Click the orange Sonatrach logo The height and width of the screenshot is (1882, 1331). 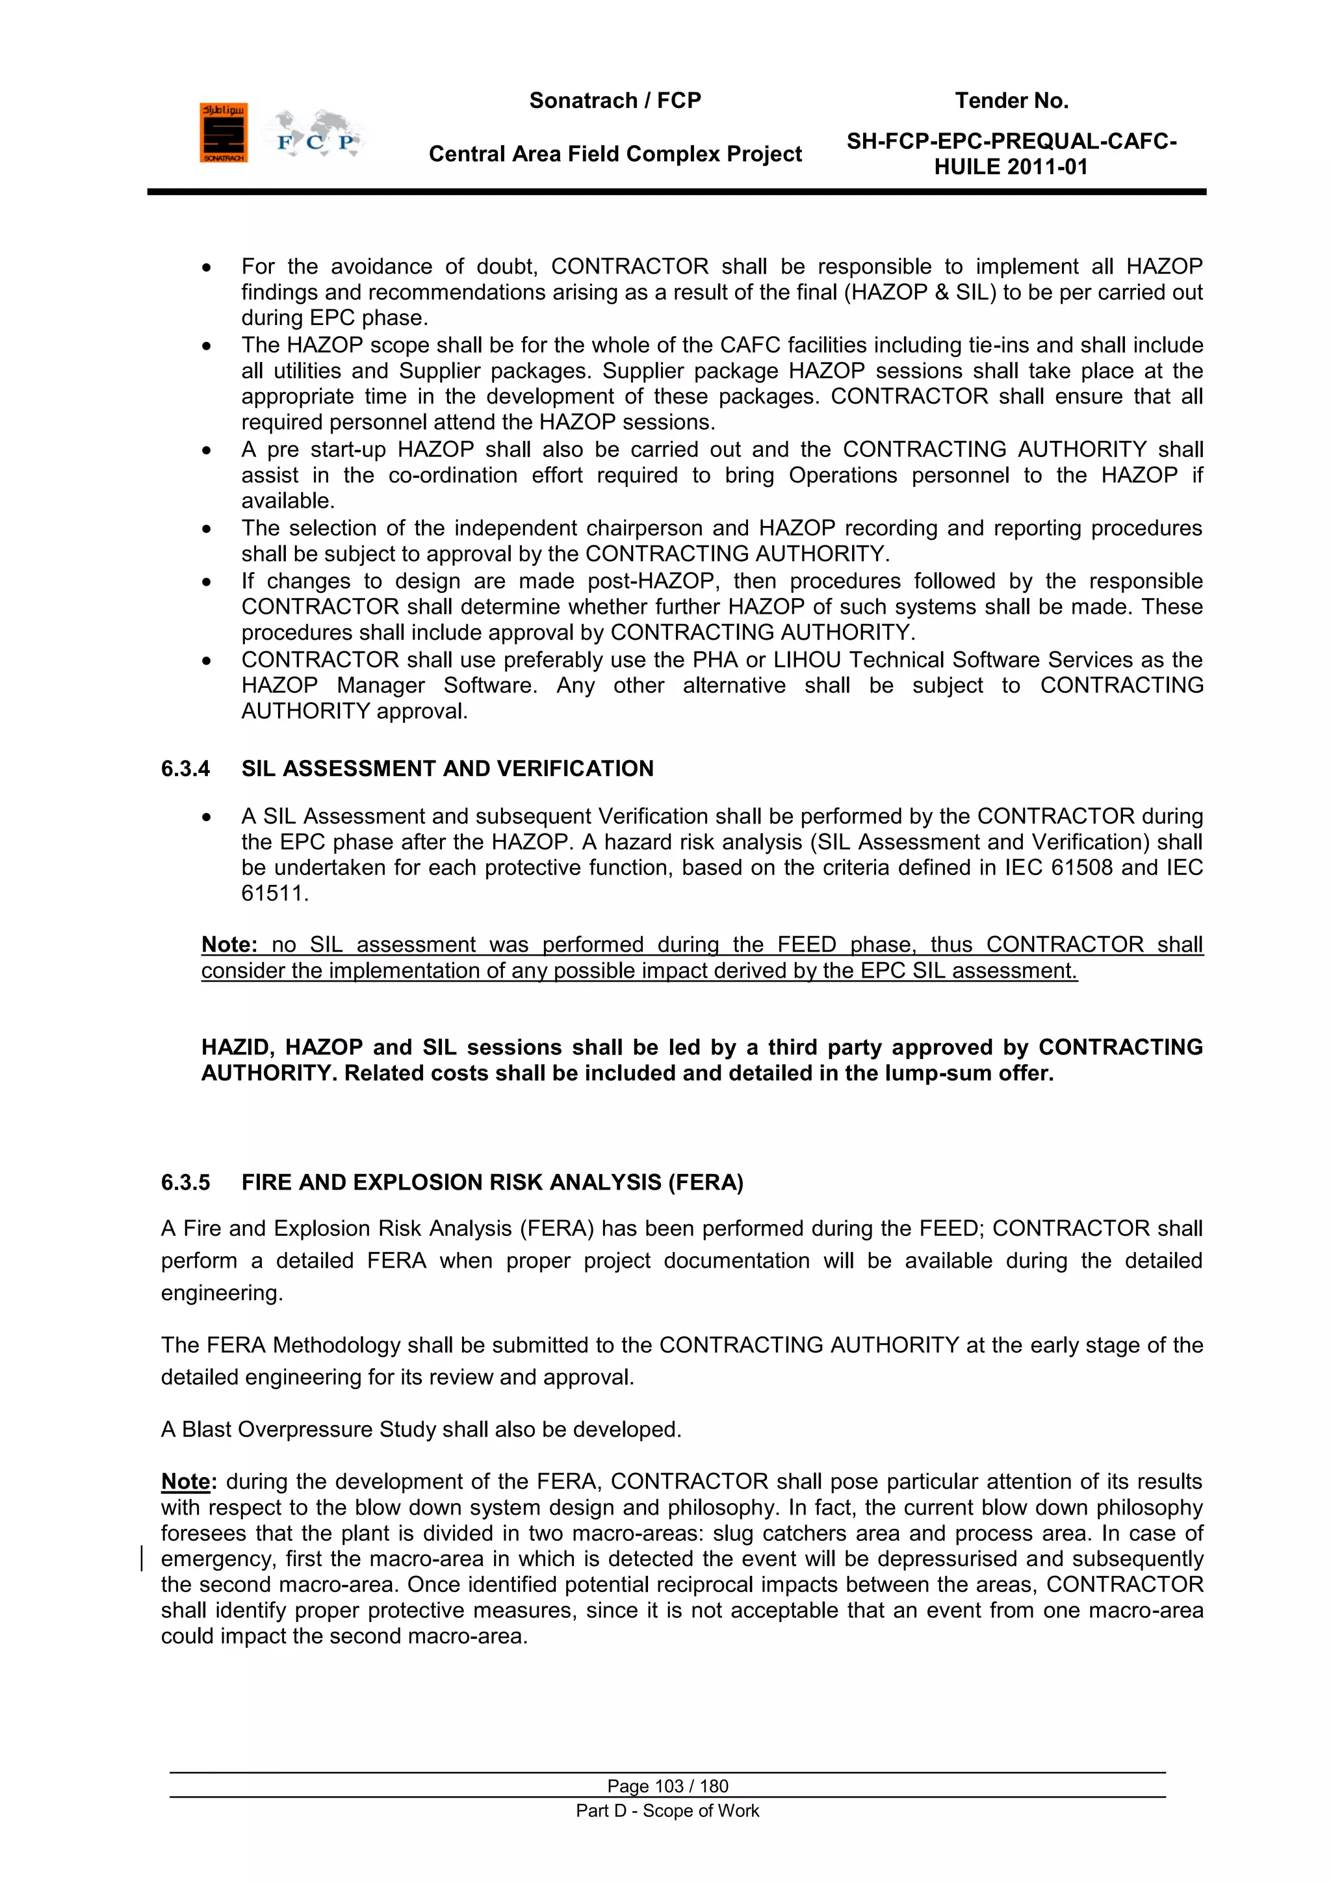(223, 133)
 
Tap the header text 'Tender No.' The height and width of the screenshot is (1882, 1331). (1011, 101)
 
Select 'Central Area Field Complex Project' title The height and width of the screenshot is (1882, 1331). (615, 154)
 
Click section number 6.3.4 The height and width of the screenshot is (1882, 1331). (185, 769)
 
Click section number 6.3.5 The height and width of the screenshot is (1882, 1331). (185, 1183)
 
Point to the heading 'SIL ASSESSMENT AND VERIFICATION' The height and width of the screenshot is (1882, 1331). (448, 769)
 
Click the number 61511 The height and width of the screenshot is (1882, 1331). (274, 893)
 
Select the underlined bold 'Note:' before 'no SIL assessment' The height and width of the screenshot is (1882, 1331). (230, 945)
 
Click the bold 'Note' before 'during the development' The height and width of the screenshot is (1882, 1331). (186, 1482)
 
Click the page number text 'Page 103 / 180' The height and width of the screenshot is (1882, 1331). (667, 1786)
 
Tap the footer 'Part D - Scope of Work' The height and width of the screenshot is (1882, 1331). (667, 1810)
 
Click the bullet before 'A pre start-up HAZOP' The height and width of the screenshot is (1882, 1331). (207, 451)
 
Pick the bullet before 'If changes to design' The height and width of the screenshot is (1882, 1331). (207, 582)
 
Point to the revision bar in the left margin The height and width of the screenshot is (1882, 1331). (142, 1558)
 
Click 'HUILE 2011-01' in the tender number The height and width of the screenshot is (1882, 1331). (1011, 167)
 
